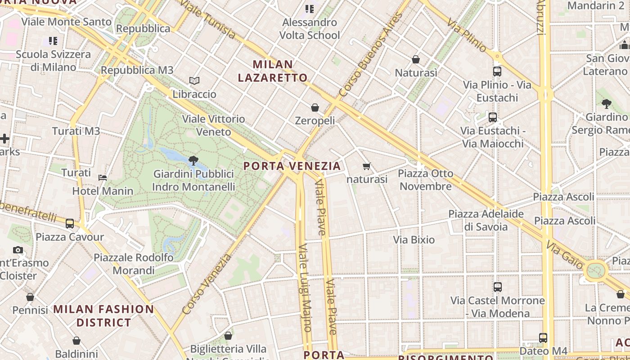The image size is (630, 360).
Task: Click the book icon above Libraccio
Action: click(194, 81)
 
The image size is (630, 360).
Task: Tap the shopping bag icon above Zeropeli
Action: click(315, 108)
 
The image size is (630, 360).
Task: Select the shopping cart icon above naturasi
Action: click(367, 166)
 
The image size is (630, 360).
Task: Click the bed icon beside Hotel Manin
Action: click(103, 177)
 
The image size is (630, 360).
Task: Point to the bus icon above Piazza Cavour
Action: click(70, 223)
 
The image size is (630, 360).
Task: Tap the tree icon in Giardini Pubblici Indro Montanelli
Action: click(193, 160)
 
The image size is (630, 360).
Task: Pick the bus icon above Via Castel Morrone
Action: click(498, 287)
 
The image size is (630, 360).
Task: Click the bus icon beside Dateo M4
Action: click(543, 337)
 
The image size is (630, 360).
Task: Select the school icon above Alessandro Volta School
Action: click(310, 9)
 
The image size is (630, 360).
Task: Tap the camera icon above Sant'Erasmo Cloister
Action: click(18, 250)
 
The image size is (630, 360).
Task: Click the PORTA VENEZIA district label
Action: click(292, 166)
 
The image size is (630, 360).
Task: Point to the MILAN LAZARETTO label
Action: click(273, 71)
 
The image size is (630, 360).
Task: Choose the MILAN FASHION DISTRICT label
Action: click(103, 316)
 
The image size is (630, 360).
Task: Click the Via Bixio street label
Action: click(414, 240)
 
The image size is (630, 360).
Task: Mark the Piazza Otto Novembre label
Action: click(426, 180)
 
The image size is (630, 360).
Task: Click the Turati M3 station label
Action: click(76, 131)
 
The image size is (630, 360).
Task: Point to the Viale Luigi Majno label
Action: click(305, 288)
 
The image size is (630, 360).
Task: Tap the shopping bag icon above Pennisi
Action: click(30, 297)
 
